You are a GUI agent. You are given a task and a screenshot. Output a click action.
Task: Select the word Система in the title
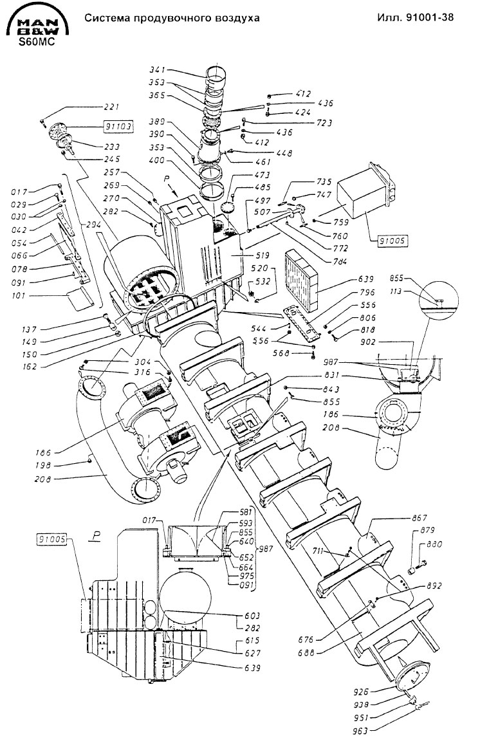pyautogui.click(x=106, y=19)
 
